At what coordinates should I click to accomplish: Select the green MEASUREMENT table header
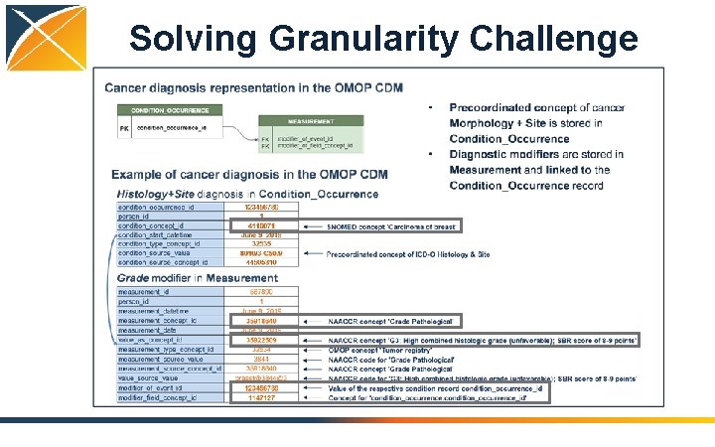click(x=310, y=120)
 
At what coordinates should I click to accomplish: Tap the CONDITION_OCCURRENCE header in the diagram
click(x=170, y=109)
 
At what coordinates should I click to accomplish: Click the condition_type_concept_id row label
click(x=160, y=243)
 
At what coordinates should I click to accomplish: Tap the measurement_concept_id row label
click(x=160, y=321)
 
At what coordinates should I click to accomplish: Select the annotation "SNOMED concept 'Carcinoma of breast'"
click(x=390, y=226)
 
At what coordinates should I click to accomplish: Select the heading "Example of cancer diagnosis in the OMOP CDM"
click(x=249, y=175)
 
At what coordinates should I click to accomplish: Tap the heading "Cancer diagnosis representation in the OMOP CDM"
click(x=253, y=87)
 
